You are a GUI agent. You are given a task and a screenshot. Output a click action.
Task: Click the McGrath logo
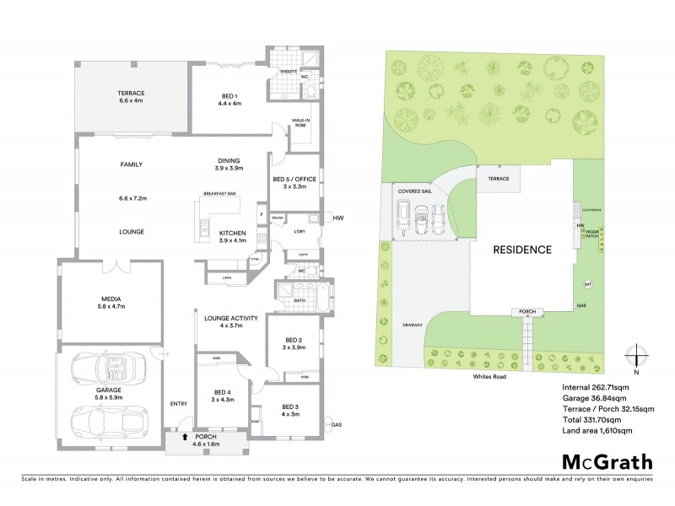pyautogui.click(x=605, y=463)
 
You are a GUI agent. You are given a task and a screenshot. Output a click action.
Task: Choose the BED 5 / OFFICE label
pyautogui.click(x=294, y=185)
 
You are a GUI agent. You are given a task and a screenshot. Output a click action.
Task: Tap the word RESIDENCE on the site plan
pyautogui.click(x=523, y=250)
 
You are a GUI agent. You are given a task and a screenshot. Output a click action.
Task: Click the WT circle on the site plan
pyautogui.click(x=588, y=283)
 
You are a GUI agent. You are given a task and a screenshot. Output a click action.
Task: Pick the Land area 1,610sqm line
pyautogui.click(x=597, y=430)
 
